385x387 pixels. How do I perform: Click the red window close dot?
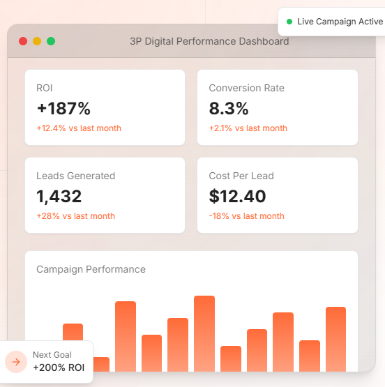click(x=23, y=41)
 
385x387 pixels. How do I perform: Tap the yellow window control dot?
click(x=37, y=41)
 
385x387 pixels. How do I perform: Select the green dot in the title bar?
click(x=51, y=41)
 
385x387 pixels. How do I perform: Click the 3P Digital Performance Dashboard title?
click(x=209, y=41)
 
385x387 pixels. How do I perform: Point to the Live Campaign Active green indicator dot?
click(x=289, y=22)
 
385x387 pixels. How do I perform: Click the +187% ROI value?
click(x=63, y=109)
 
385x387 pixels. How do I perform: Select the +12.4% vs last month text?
click(x=79, y=128)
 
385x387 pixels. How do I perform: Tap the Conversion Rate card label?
click(x=246, y=89)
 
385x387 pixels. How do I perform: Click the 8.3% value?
click(x=229, y=109)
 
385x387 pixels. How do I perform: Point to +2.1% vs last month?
click(x=248, y=128)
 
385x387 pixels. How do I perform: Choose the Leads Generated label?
click(x=75, y=176)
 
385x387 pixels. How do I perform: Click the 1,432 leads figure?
click(x=59, y=197)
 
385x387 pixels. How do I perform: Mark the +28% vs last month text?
click(x=75, y=216)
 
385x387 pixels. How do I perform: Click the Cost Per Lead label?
click(x=241, y=176)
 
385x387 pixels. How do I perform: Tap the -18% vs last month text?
click(x=246, y=216)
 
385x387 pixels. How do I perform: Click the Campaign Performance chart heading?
click(x=91, y=269)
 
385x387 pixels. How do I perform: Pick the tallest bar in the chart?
click(x=204, y=333)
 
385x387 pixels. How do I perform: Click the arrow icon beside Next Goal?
click(x=16, y=362)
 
